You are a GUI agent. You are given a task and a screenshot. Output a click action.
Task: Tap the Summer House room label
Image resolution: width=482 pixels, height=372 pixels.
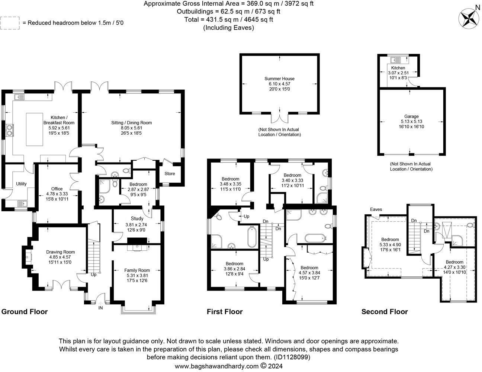click(x=279, y=78)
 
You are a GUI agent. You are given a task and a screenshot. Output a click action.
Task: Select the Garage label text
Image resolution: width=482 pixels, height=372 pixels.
click(x=411, y=116)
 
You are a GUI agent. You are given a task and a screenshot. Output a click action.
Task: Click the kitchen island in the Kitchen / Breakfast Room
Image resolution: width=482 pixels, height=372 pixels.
click(x=34, y=129)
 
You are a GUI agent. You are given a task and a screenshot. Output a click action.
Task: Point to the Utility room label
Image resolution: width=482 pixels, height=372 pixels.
click(x=21, y=184)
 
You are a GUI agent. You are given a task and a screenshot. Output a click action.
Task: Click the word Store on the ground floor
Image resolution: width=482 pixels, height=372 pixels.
click(x=170, y=173)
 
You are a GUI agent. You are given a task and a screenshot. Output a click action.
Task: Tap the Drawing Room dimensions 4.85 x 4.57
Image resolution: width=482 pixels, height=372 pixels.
click(x=60, y=257)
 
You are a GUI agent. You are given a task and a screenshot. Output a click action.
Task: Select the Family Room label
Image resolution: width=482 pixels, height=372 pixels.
click(x=137, y=270)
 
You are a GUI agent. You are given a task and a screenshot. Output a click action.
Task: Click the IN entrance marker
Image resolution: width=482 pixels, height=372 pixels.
click(x=100, y=308)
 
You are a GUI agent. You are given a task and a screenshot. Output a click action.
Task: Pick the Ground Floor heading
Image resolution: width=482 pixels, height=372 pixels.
click(x=25, y=312)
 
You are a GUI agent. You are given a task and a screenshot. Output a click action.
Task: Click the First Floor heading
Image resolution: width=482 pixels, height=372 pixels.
click(x=225, y=312)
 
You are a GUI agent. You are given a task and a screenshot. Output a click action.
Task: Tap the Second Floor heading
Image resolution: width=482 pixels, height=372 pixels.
click(x=385, y=312)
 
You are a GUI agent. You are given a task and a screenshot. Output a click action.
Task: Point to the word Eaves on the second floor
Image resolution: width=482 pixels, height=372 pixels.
click(x=376, y=209)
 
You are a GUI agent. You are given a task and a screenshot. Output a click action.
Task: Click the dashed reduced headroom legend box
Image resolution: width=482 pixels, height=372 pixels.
click(x=10, y=23)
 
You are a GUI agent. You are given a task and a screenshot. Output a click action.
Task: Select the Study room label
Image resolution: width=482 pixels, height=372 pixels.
click(x=137, y=218)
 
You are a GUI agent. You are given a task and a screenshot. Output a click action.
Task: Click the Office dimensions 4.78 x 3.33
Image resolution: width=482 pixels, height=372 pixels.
click(x=57, y=194)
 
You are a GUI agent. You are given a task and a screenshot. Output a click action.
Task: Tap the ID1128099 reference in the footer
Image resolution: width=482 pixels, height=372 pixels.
click(x=291, y=357)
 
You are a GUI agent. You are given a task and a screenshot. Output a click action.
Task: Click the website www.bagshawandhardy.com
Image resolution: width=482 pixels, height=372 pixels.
click(x=216, y=366)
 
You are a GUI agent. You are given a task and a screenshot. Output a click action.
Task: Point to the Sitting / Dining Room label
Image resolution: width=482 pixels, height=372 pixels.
click(x=131, y=123)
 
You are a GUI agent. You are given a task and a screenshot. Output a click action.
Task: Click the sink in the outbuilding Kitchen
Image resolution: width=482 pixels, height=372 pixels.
click(x=395, y=60)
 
